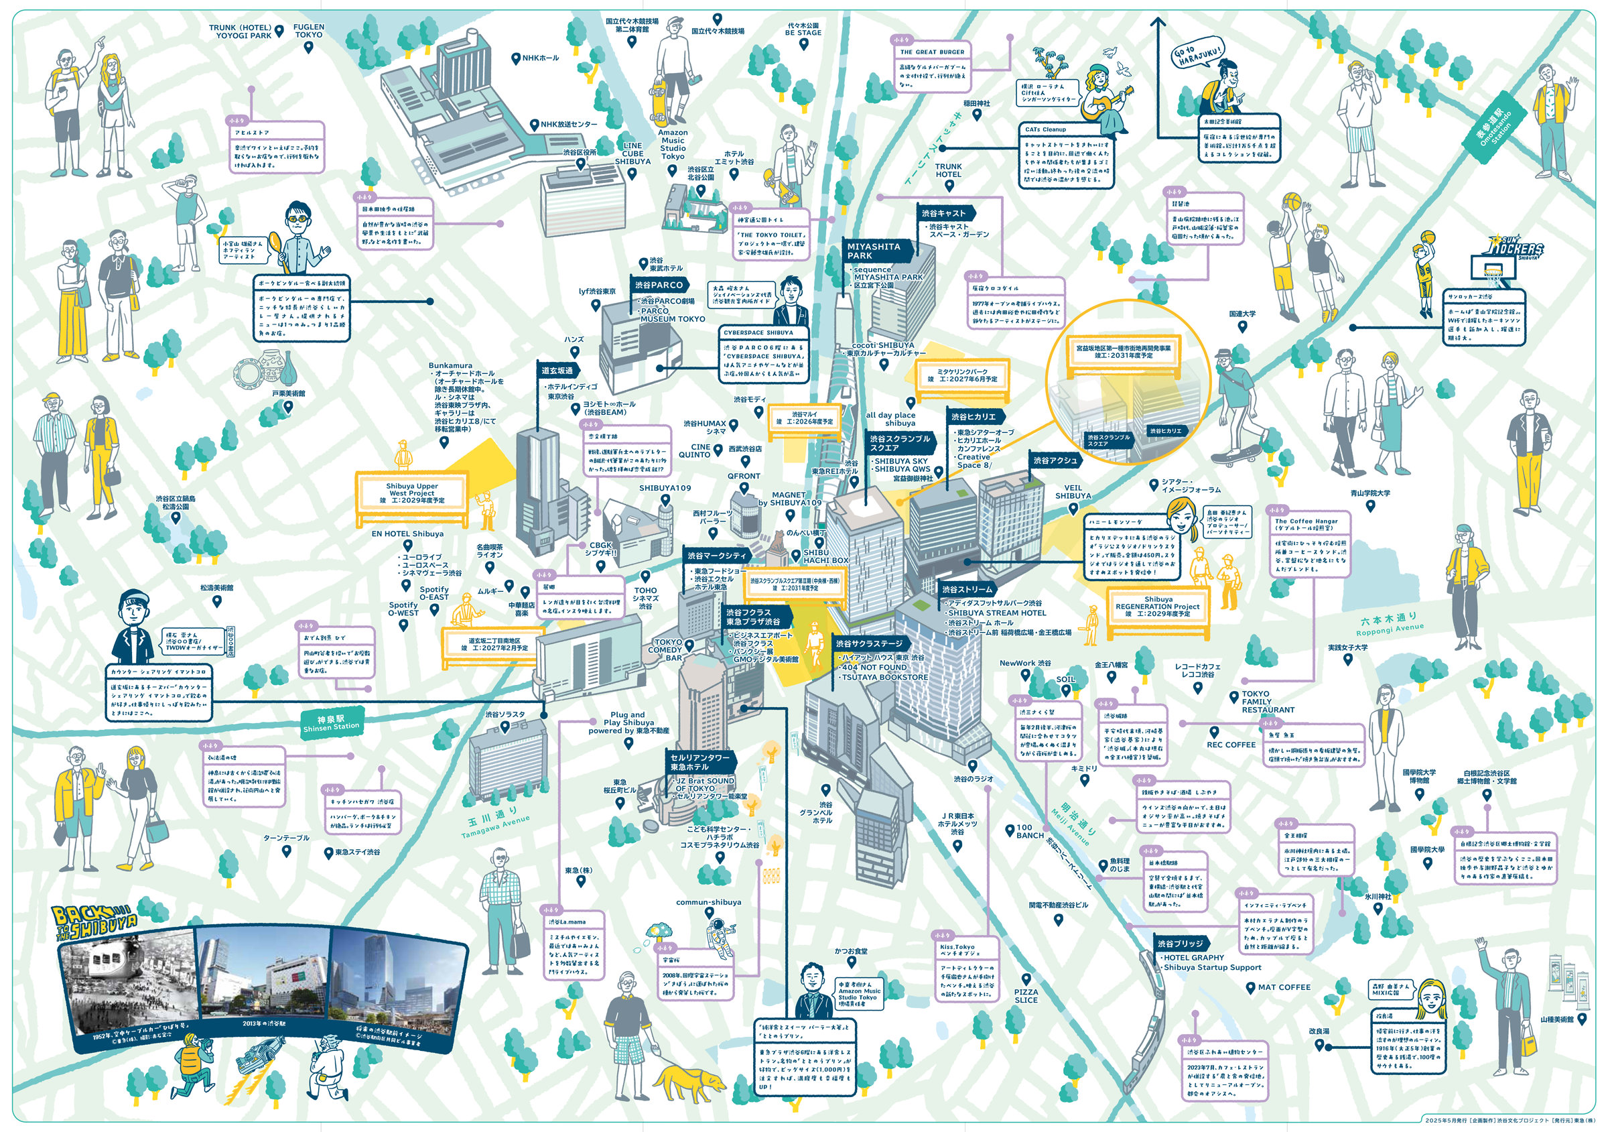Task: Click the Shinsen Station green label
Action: tap(330, 723)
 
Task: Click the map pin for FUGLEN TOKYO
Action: tap(308, 48)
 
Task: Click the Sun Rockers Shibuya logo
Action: tap(1516, 249)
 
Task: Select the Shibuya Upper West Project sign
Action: tap(412, 493)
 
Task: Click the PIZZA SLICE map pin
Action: tap(1026, 979)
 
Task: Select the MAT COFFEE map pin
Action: tap(1250, 987)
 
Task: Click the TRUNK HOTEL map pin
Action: tap(949, 186)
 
